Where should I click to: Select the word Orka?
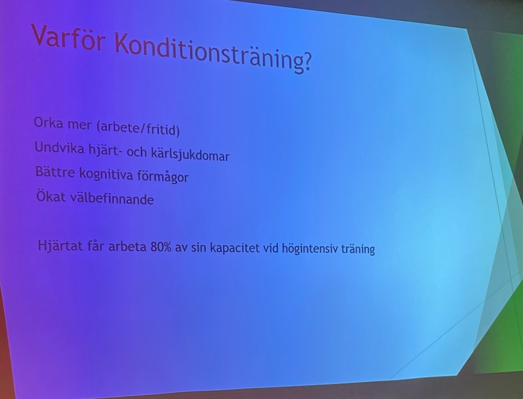click(x=49, y=123)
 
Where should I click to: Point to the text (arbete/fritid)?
click(x=138, y=128)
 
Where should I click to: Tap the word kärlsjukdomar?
click(x=190, y=154)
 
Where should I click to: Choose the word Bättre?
click(x=55, y=172)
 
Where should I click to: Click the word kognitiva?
click(x=106, y=175)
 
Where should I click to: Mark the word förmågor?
click(x=163, y=176)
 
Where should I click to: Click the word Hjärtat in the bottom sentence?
click(x=60, y=246)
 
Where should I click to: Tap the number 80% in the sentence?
click(x=161, y=247)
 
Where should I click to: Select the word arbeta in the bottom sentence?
click(x=127, y=247)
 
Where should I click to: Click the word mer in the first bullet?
click(x=80, y=125)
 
